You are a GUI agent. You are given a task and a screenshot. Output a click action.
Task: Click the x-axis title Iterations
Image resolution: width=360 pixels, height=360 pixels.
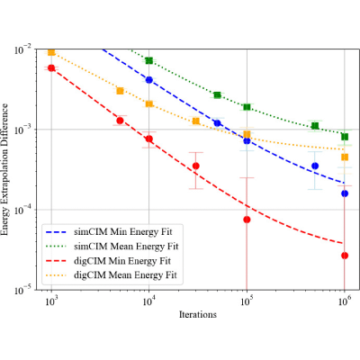pos(198,314)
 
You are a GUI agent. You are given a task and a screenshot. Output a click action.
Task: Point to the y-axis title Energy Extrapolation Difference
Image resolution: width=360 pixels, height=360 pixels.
pos(5,169)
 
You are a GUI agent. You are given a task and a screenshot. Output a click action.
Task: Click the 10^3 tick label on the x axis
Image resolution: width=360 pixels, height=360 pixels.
pos(51,301)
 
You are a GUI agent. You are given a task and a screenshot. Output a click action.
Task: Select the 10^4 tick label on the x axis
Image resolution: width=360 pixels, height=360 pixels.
pos(149,301)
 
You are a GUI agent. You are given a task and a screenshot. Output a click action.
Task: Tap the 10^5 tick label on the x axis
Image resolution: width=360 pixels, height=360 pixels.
pos(247,301)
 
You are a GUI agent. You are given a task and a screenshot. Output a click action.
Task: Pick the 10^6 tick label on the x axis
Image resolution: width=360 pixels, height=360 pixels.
pos(345,301)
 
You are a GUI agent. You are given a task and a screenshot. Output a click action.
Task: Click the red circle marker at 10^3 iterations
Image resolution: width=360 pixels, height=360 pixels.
pos(51,68)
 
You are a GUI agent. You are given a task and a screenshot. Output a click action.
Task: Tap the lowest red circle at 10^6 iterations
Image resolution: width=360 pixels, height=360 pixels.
pos(345,256)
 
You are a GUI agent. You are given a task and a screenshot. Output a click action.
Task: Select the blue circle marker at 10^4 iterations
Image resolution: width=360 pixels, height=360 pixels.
pos(149,80)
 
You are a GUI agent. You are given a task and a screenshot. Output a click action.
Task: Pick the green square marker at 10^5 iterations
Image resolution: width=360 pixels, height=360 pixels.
pos(247,107)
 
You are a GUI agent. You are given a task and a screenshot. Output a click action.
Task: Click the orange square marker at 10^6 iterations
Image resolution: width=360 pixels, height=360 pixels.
pos(345,157)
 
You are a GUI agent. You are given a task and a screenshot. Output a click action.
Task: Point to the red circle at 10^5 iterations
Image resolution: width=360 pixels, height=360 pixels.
pos(247,220)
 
